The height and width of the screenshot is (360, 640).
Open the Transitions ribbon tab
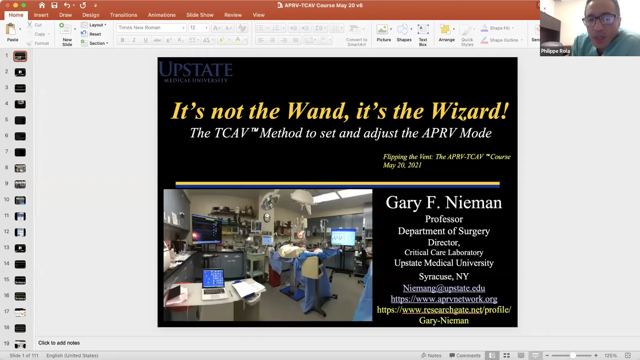coord(123,15)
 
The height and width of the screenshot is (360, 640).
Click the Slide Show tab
coord(200,15)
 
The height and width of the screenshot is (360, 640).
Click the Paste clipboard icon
coord(11,30)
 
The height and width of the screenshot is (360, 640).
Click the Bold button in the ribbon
coord(122,40)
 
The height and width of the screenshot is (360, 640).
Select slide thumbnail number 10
coord(20,200)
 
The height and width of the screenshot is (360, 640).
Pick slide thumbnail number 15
coord(20,280)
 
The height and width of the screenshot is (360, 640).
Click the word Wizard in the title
coord(469,111)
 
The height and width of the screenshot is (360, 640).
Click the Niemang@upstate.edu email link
coord(444,288)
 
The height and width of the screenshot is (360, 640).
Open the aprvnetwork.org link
coord(444,299)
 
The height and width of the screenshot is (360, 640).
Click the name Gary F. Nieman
coord(444,202)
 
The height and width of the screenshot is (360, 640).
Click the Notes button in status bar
coord(431,356)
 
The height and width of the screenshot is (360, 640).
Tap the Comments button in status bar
coord(465,356)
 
